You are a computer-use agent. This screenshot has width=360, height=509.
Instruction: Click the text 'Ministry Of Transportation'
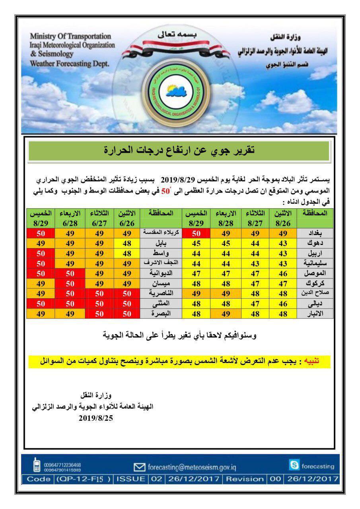71,37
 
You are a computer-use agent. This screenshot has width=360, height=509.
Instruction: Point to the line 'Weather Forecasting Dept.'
70,63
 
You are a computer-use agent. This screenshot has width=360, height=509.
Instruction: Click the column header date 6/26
127,223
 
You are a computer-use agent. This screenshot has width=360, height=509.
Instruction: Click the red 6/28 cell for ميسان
70,283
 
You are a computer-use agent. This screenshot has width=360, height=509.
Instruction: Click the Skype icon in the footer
294,466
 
